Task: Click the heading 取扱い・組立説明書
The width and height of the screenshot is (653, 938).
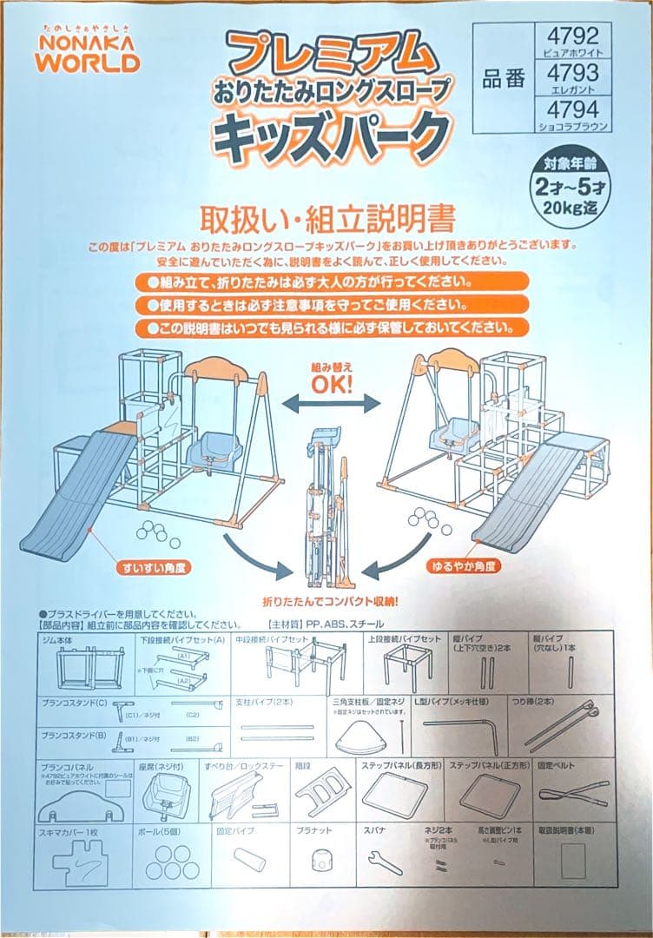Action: [x=327, y=216]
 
